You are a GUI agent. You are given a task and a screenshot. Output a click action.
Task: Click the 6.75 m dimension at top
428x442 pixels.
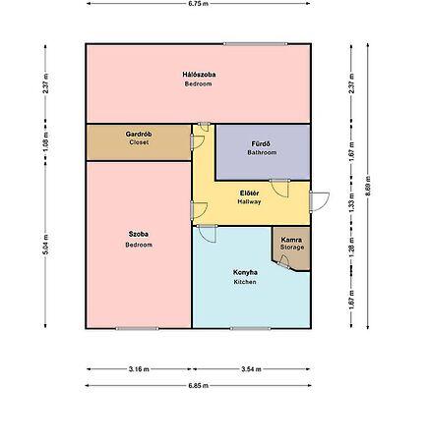(198, 4)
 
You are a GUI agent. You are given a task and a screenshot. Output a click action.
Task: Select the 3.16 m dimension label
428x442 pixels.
(139, 369)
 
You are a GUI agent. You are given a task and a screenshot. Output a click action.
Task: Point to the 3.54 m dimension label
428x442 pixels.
(251, 369)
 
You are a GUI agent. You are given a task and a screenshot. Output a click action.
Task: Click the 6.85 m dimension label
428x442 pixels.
(199, 385)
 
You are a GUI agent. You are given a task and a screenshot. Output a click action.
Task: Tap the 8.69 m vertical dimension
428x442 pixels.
(367, 186)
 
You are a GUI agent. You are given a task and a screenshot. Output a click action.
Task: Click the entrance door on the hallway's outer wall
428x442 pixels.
(319, 201)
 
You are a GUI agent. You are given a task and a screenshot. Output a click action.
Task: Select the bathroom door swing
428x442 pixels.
(279, 188)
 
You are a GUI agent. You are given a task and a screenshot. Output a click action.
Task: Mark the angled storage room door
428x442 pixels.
(283, 261)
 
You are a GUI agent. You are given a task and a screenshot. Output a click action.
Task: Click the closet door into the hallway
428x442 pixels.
(198, 141)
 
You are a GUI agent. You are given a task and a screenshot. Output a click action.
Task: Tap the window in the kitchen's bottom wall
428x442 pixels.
(250, 328)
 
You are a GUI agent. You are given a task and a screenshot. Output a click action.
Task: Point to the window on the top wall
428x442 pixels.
(256, 44)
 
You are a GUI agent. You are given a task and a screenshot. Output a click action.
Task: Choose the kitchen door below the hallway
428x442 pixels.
(207, 234)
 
